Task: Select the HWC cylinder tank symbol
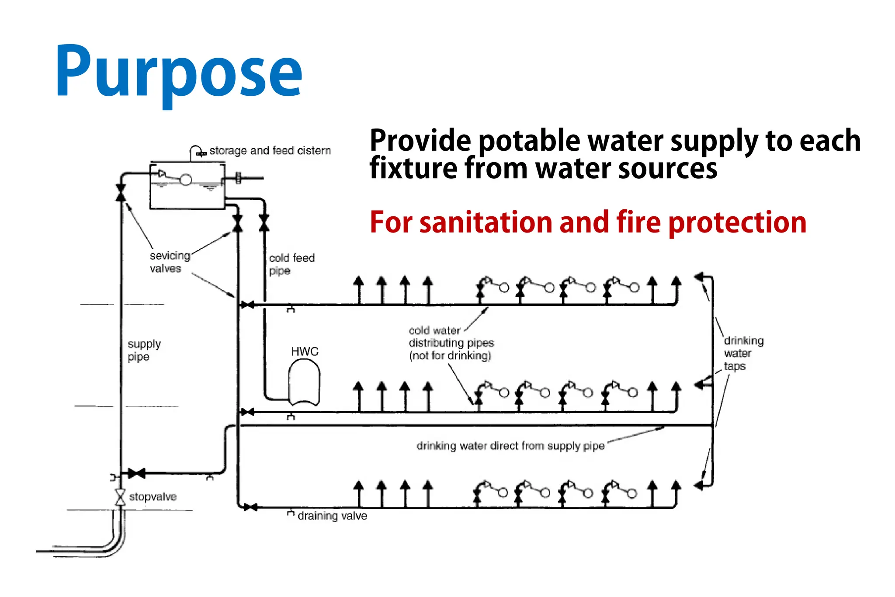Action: (304, 382)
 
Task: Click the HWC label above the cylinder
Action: (305, 351)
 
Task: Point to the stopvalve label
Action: (153, 497)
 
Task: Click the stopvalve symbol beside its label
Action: (120, 497)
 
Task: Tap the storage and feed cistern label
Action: (270, 150)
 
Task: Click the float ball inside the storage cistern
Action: (186, 180)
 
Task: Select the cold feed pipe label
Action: (291, 264)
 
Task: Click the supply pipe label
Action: (144, 351)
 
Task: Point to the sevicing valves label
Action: (169, 261)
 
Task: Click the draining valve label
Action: (332, 516)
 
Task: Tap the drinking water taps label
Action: (743, 353)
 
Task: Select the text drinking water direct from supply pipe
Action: (510, 446)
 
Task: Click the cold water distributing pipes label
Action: (451, 343)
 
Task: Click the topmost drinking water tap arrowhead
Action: (699, 277)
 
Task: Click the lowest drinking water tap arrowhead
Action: (699, 485)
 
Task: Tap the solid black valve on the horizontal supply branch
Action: (136, 473)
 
